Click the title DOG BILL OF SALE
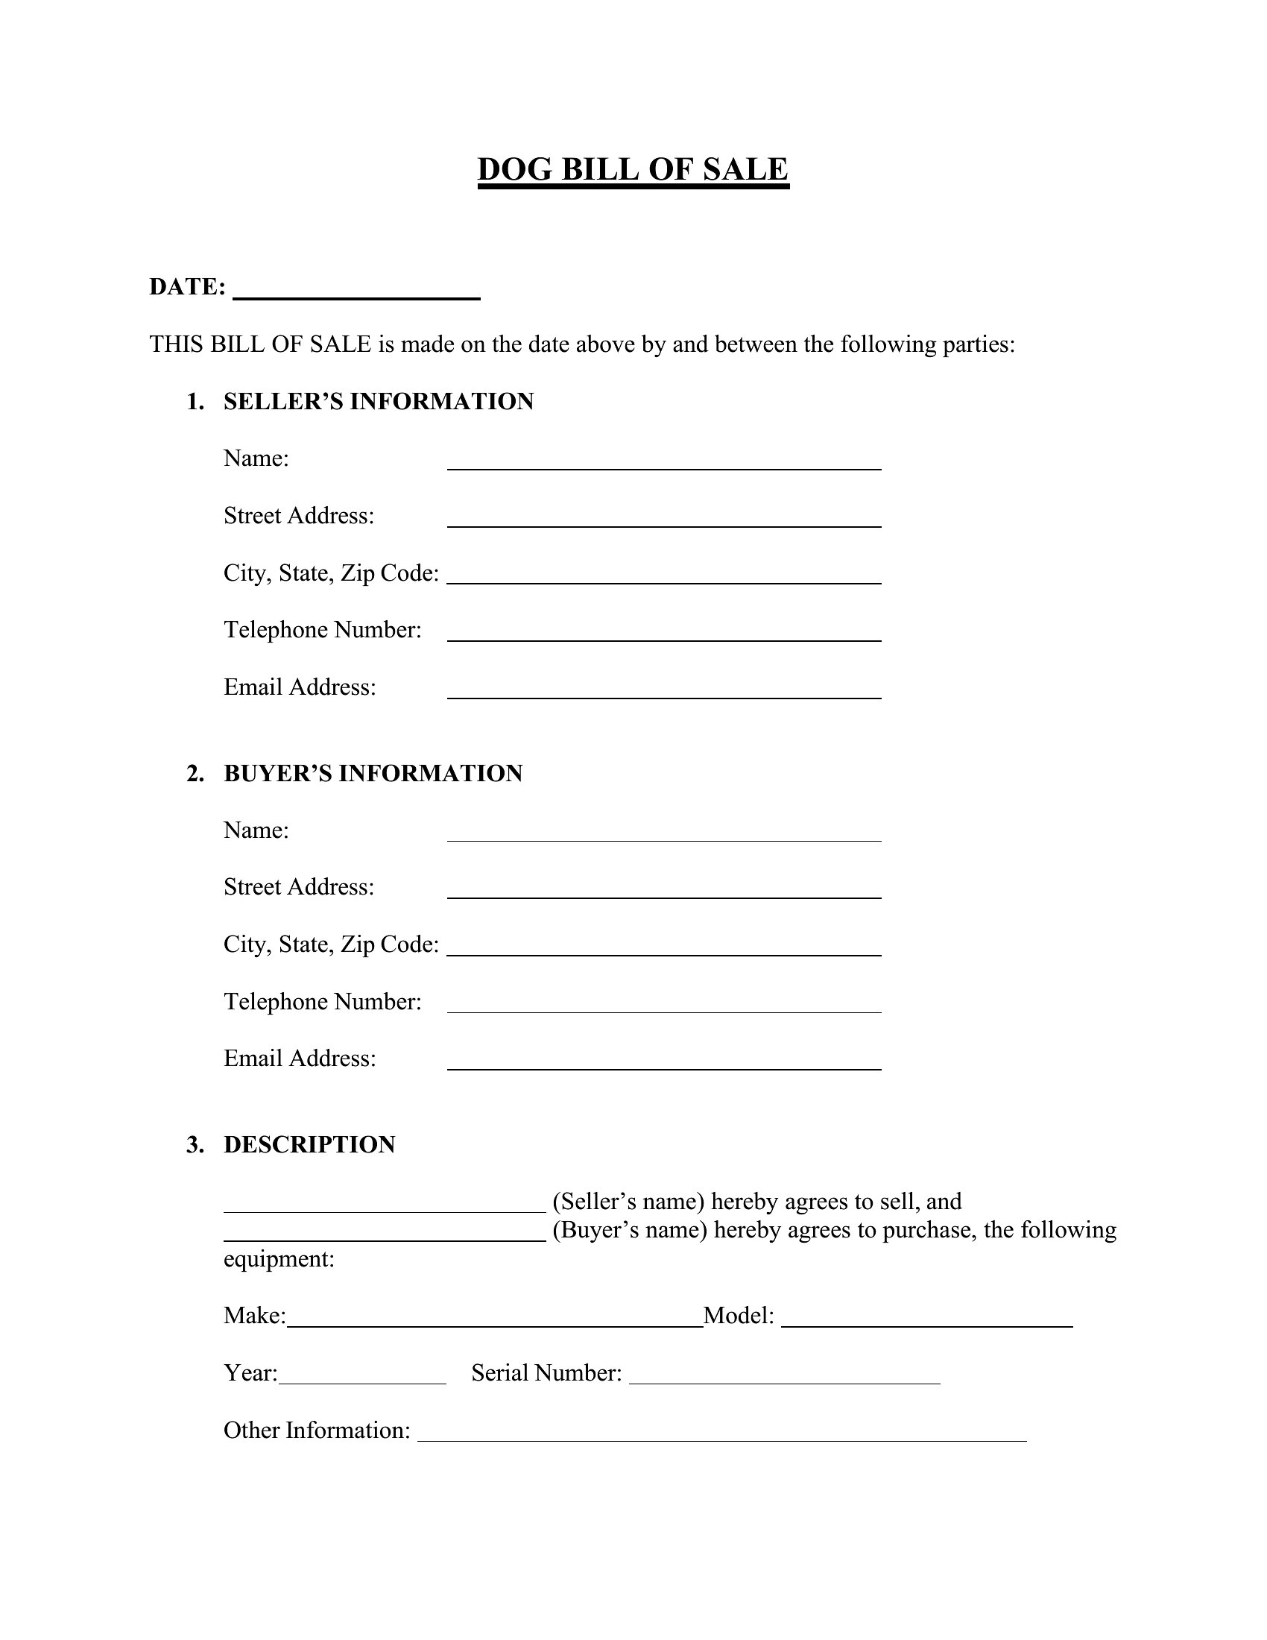pos(633,170)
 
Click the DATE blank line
pos(356,291)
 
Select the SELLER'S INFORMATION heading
pos(379,402)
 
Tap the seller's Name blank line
pos(663,461)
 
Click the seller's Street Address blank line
pos(663,519)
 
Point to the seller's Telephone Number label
pos(322,630)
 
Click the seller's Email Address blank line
pos(663,690)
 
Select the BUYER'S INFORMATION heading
pos(373,774)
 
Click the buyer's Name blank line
pos(663,833)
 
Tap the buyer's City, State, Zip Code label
pos(331,944)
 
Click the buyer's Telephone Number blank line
pos(663,1004)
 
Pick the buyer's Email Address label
pos(300,1059)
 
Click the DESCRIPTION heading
pos(309,1145)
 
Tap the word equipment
pos(279,1259)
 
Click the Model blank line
pos(926,1319)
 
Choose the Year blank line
pos(361,1376)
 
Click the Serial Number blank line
pos(784,1376)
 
